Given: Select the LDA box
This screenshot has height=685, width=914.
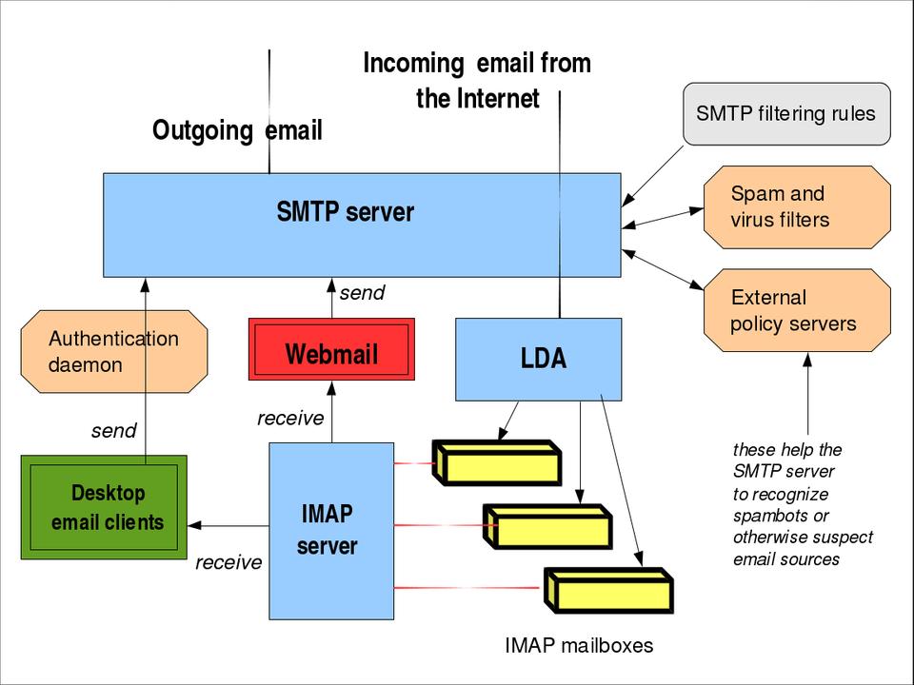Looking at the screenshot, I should click(539, 359).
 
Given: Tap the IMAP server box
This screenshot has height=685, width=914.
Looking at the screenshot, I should click(330, 530).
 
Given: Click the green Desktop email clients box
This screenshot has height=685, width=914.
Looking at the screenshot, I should click(104, 506).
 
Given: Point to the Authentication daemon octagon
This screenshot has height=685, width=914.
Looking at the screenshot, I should click(113, 351).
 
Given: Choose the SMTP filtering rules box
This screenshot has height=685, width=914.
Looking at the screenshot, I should click(785, 114).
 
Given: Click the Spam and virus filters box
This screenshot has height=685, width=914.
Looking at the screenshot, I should click(796, 207).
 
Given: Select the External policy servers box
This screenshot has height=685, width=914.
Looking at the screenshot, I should click(796, 310).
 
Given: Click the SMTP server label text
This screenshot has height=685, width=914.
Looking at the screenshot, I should click(345, 211).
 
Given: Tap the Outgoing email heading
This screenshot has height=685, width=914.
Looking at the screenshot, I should click(237, 130).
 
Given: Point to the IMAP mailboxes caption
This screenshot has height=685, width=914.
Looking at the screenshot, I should click(579, 646).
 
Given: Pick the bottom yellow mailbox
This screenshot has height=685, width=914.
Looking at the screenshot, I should click(608, 590).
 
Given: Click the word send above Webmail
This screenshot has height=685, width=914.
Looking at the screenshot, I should click(362, 293).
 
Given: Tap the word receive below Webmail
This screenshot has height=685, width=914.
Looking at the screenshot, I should click(290, 419).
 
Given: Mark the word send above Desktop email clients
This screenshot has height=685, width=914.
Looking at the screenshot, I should click(113, 431).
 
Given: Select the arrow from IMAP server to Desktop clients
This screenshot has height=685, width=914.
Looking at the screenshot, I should click(228, 525).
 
